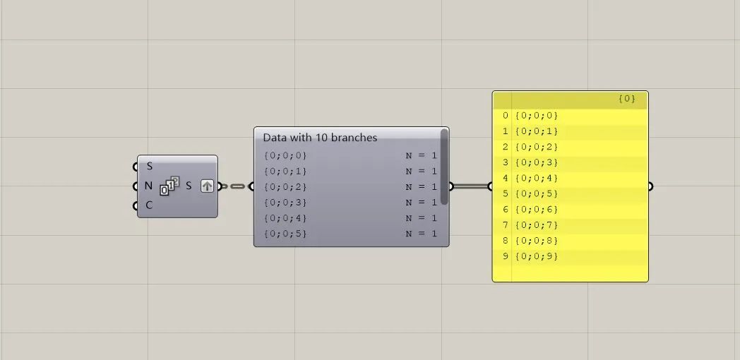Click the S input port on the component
[136, 167]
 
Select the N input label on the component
[148, 186]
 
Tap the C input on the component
[136, 205]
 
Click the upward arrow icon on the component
[207, 186]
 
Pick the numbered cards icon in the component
[169, 185]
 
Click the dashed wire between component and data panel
[236, 186]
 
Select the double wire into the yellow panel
[470, 186]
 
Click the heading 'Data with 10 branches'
[320, 138]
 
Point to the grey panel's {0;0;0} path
[285, 156]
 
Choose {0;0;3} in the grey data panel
[285, 203]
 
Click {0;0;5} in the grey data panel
[285, 234]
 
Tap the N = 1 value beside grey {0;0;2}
[421, 187]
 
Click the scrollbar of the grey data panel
[444, 167]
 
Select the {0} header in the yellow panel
[627, 99]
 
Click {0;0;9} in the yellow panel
[537, 256]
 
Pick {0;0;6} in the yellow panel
[537, 210]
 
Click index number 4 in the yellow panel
[506, 178]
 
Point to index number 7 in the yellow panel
[506, 225]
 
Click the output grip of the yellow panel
[650, 186]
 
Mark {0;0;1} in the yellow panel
[537, 131]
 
